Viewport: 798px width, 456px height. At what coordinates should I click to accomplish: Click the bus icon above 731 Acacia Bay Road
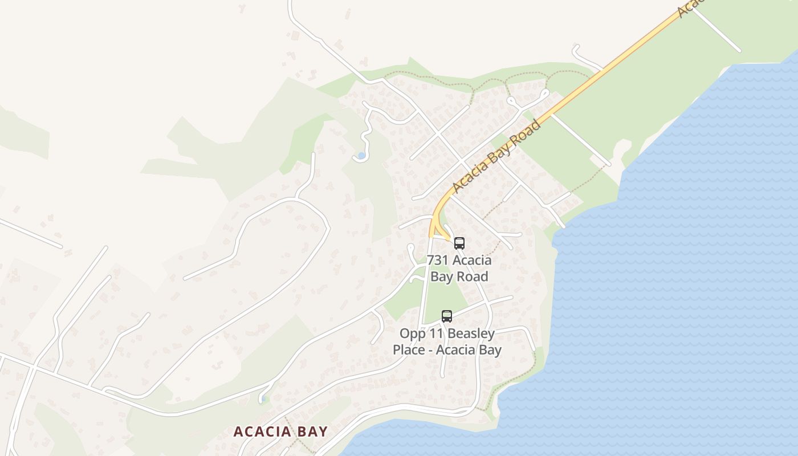tap(459, 243)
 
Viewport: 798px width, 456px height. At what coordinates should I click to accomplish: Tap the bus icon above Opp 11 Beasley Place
tap(447, 316)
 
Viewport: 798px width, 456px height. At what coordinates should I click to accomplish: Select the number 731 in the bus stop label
tap(437, 260)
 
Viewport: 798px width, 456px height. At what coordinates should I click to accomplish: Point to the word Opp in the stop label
tap(411, 333)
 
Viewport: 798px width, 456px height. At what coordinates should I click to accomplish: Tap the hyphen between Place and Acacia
tap(431, 349)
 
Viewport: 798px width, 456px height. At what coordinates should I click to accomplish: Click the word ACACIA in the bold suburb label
tap(261, 431)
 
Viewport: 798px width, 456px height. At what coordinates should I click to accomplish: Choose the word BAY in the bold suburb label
tap(311, 431)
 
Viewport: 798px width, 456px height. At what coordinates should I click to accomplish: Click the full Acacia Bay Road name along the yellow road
tap(496, 156)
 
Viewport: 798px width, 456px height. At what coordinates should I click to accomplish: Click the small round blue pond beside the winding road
tap(361, 155)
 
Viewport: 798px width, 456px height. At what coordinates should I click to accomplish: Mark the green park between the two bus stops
tap(445, 294)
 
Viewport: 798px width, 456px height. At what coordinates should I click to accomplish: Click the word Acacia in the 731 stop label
tap(470, 260)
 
